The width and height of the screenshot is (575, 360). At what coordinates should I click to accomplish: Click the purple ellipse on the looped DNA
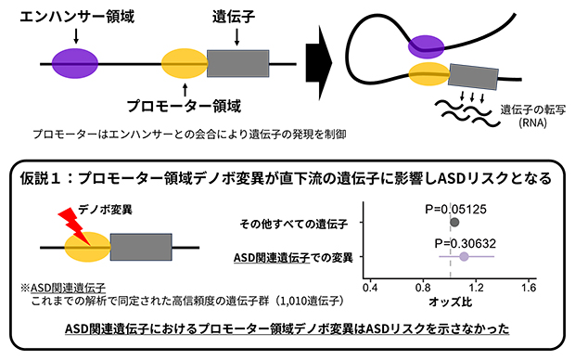click(428, 44)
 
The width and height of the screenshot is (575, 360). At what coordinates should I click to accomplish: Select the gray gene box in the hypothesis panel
click(141, 248)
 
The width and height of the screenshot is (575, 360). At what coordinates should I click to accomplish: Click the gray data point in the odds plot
click(454, 223)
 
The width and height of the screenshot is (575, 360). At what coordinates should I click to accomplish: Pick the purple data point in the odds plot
click(464, 255)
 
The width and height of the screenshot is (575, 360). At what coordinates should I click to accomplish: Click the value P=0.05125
click(454, 208)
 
